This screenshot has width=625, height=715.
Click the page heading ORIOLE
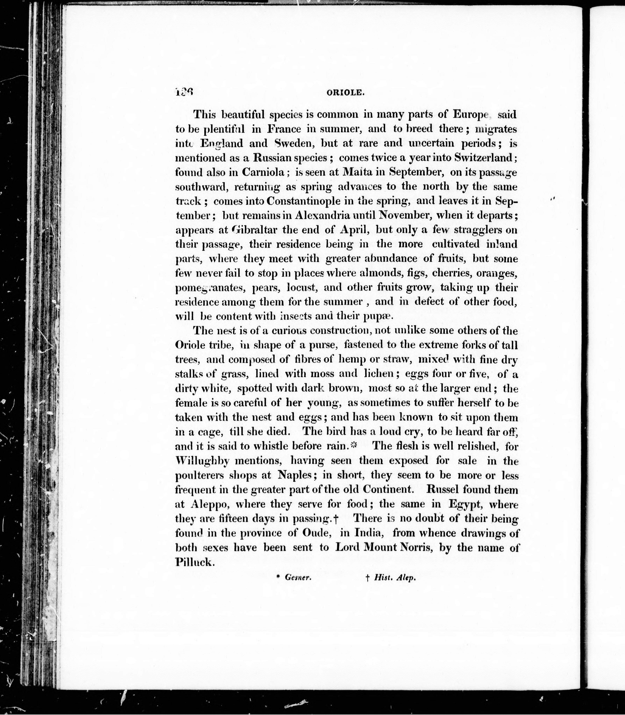click(x=345, y=93)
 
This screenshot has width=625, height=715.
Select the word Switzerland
click(x=484, y=158)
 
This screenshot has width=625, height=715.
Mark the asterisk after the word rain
click(x=354, y=446)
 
